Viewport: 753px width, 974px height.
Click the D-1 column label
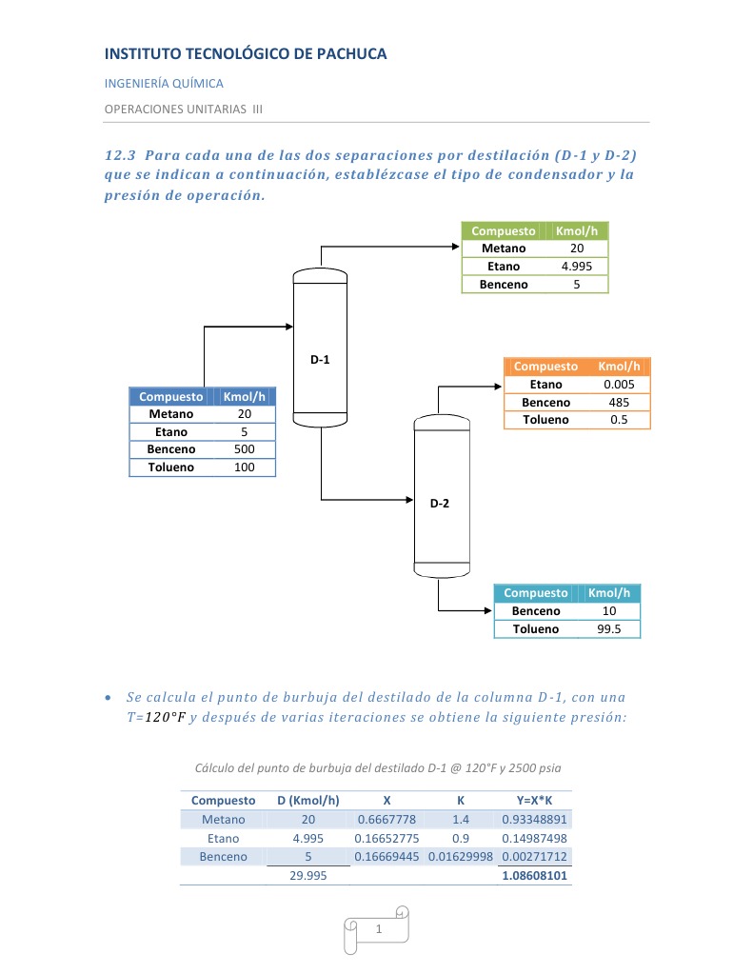tap(320, 360)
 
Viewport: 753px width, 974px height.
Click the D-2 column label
tap(439, 504)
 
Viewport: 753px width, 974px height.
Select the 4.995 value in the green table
tap(577, 267)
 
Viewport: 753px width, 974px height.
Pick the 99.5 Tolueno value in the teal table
tap(609, 629)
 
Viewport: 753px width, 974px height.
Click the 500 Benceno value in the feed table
tap(244, 449)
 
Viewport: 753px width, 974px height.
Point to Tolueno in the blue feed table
tap(171, 467)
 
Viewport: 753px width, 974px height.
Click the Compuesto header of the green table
tap(504, 231)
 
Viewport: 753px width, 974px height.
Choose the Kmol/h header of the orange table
tap(620, 367)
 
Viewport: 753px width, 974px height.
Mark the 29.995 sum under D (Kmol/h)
tap(307, 876)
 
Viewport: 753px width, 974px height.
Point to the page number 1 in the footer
tap(378, 928)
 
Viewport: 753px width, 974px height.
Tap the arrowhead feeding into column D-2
tap(408, 499)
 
